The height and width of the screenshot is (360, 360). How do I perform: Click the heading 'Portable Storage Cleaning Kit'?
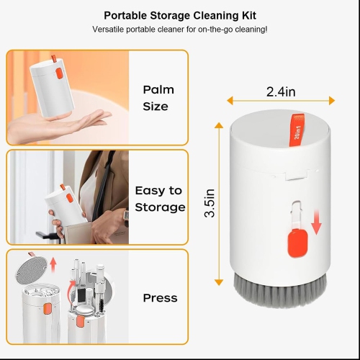tap(180, 15)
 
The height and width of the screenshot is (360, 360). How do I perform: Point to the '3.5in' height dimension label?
tap(210, 204)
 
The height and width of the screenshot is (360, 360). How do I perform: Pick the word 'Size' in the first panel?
tap(155, 107)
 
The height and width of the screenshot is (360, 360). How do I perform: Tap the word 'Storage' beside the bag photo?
tap(161, 207)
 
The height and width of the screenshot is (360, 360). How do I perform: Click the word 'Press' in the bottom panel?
tap(160, 298)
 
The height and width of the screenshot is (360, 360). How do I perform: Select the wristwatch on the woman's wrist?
tap(124, 212)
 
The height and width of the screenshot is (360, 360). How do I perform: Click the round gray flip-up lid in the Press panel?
tap(31, 270)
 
